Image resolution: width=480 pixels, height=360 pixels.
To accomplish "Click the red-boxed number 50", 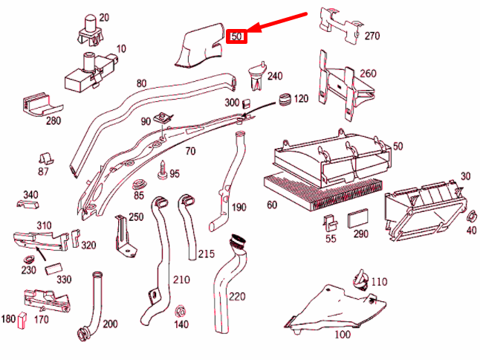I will [236, 35].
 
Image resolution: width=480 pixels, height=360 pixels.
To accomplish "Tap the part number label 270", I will [372, 35].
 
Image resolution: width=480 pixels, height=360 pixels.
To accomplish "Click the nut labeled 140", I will [180, 309].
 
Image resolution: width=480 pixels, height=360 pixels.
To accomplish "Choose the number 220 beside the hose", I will [236, 296].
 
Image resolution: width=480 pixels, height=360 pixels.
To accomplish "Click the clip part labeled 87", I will [44, 158].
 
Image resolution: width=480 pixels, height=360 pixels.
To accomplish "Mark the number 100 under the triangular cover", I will [342, 335].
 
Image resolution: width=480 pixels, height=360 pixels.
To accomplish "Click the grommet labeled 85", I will [137, 183].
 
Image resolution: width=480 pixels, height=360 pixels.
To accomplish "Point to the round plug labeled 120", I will [283, 100].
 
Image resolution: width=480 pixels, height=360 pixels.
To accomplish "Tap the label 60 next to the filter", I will [272, 205].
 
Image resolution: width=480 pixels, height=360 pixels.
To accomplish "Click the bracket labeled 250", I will [120, 234].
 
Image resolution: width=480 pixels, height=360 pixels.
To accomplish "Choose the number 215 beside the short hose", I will [206, 254].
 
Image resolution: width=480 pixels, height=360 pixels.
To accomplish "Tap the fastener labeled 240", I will [256, 74].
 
